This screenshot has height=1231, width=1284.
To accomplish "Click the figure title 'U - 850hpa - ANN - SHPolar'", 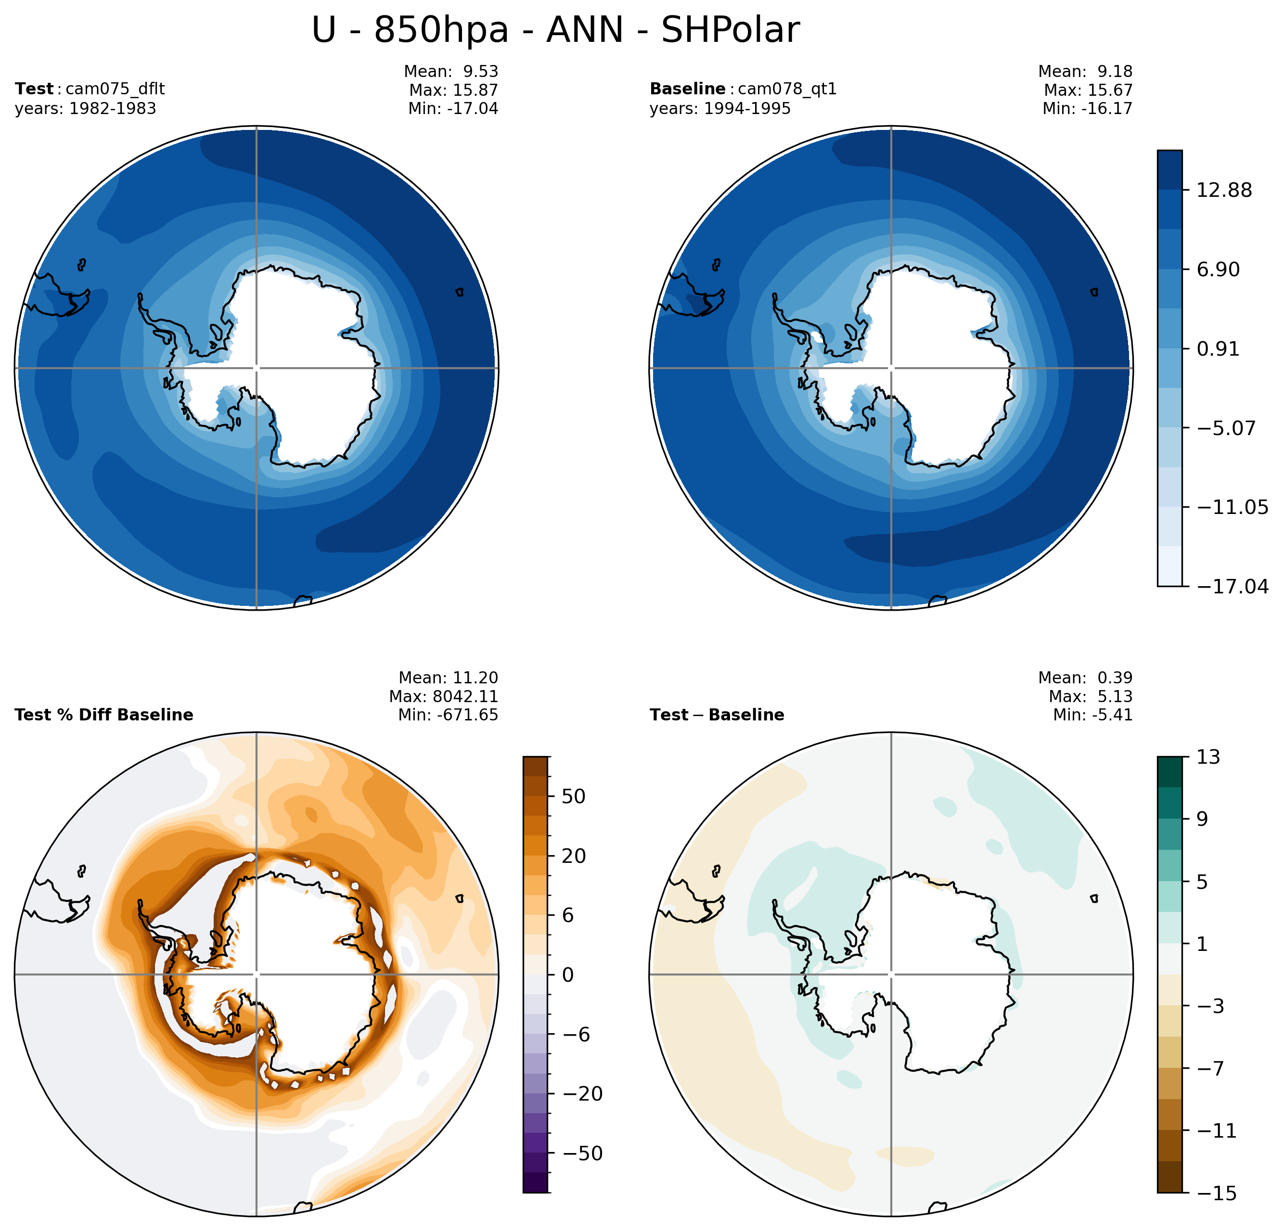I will pyautogui.click(x=555, y=30).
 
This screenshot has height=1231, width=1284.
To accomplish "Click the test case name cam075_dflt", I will pyautogui.click(x=116, y=89).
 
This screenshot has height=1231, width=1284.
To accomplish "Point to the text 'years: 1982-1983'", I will pyautogui.click(x=85, y=109).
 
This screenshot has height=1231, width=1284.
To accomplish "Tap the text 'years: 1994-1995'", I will pyautogui.click(x=720, y=109).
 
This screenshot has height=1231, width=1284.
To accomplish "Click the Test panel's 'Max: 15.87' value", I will pyautogui.click(x=453, y=90).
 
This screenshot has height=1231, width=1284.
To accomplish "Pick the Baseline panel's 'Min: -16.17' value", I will pyautogui.click(x=1088, y=109).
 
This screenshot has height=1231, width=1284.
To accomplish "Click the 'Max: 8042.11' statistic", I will pyautogui.click(x=444, y=696).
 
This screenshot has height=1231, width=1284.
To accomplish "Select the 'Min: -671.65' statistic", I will pyautogui.click(x=448, y=715).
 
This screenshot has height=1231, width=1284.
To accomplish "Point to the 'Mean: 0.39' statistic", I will pyautogui.click(x=1086, y=678).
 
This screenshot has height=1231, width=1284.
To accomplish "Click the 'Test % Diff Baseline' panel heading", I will pyautogui.click(x=103, y=715).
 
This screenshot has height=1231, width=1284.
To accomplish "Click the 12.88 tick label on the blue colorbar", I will pyautogui.click(x=1224, y=191).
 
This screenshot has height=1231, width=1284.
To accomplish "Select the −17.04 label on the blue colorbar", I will pyautogui.click(x=1232, y=586).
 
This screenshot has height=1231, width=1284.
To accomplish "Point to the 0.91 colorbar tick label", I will pyautogui.click(x=1218, y=349).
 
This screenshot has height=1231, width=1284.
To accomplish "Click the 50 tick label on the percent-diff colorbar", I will pyautogui.click(x=573, y=796).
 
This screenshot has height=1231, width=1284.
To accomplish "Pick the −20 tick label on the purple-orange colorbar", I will pyautogui.click(x=582, y=1093).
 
